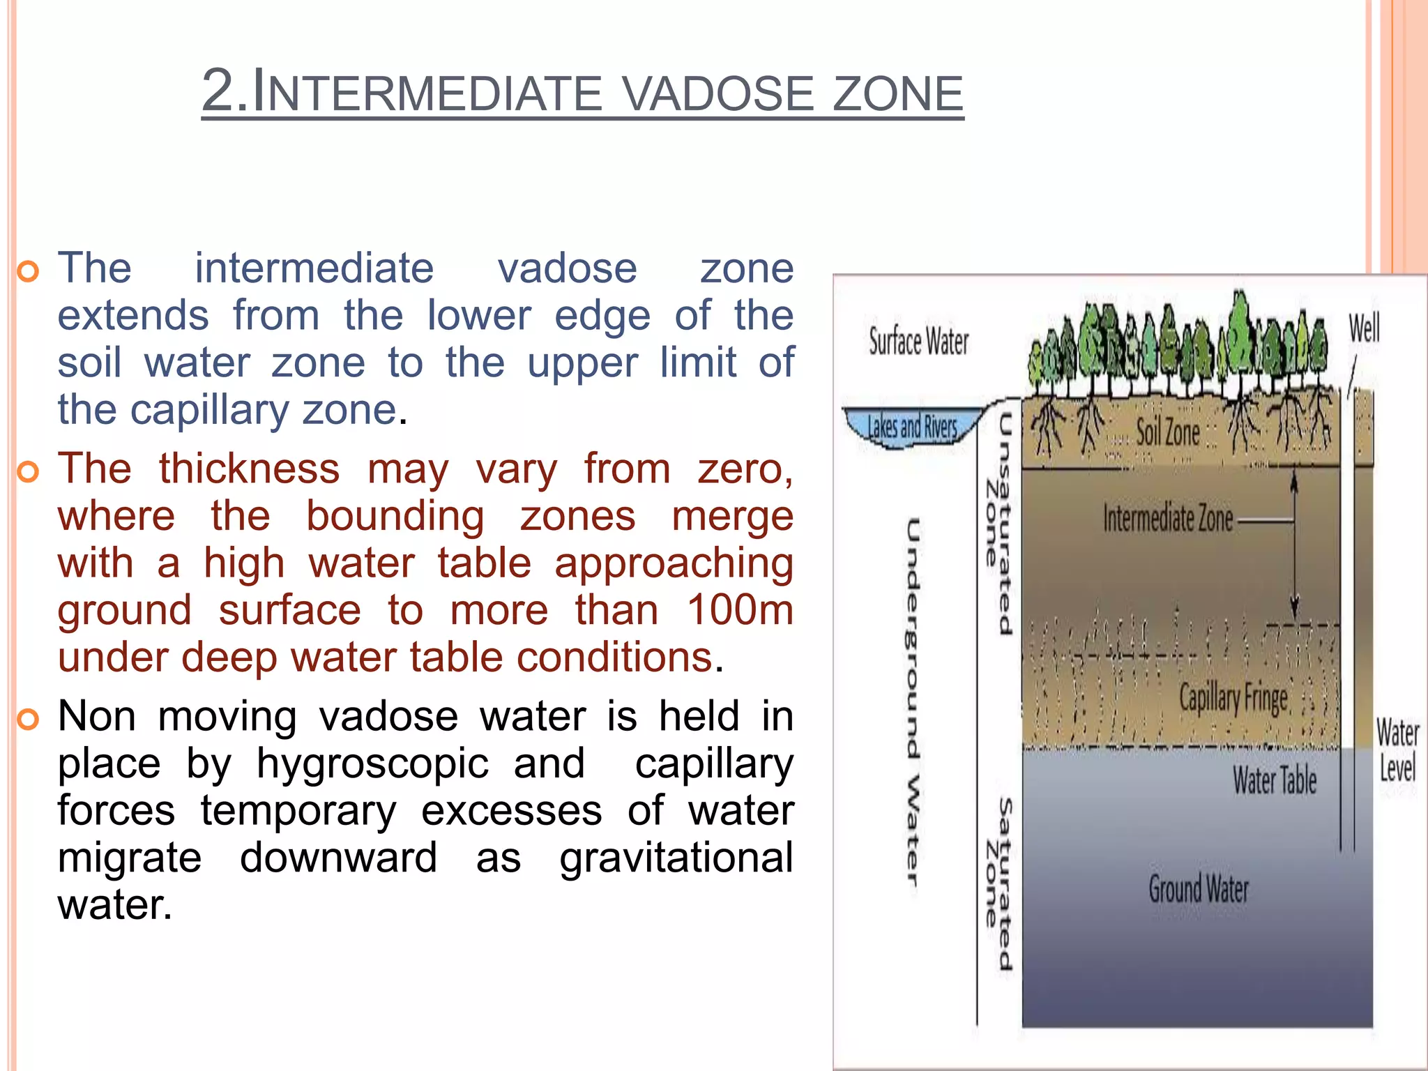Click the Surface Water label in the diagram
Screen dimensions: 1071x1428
[918, 342]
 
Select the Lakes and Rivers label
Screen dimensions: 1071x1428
[912, 427]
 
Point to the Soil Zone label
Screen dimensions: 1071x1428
[1168, 432]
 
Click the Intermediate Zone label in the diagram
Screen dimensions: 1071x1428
[1168, 519]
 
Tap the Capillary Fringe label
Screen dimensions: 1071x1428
[1233, 698]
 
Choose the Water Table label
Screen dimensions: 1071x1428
[1275, 780]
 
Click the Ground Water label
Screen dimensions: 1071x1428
[1199, 889]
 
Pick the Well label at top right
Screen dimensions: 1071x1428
[1364, 328]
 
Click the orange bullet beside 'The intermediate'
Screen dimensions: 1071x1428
[28, 272]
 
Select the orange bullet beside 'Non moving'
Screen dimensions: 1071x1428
[28, 719]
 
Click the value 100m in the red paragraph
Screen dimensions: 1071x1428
[740, 610]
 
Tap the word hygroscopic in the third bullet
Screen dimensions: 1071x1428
[372, 764]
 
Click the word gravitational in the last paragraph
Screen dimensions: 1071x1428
[676, 858]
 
